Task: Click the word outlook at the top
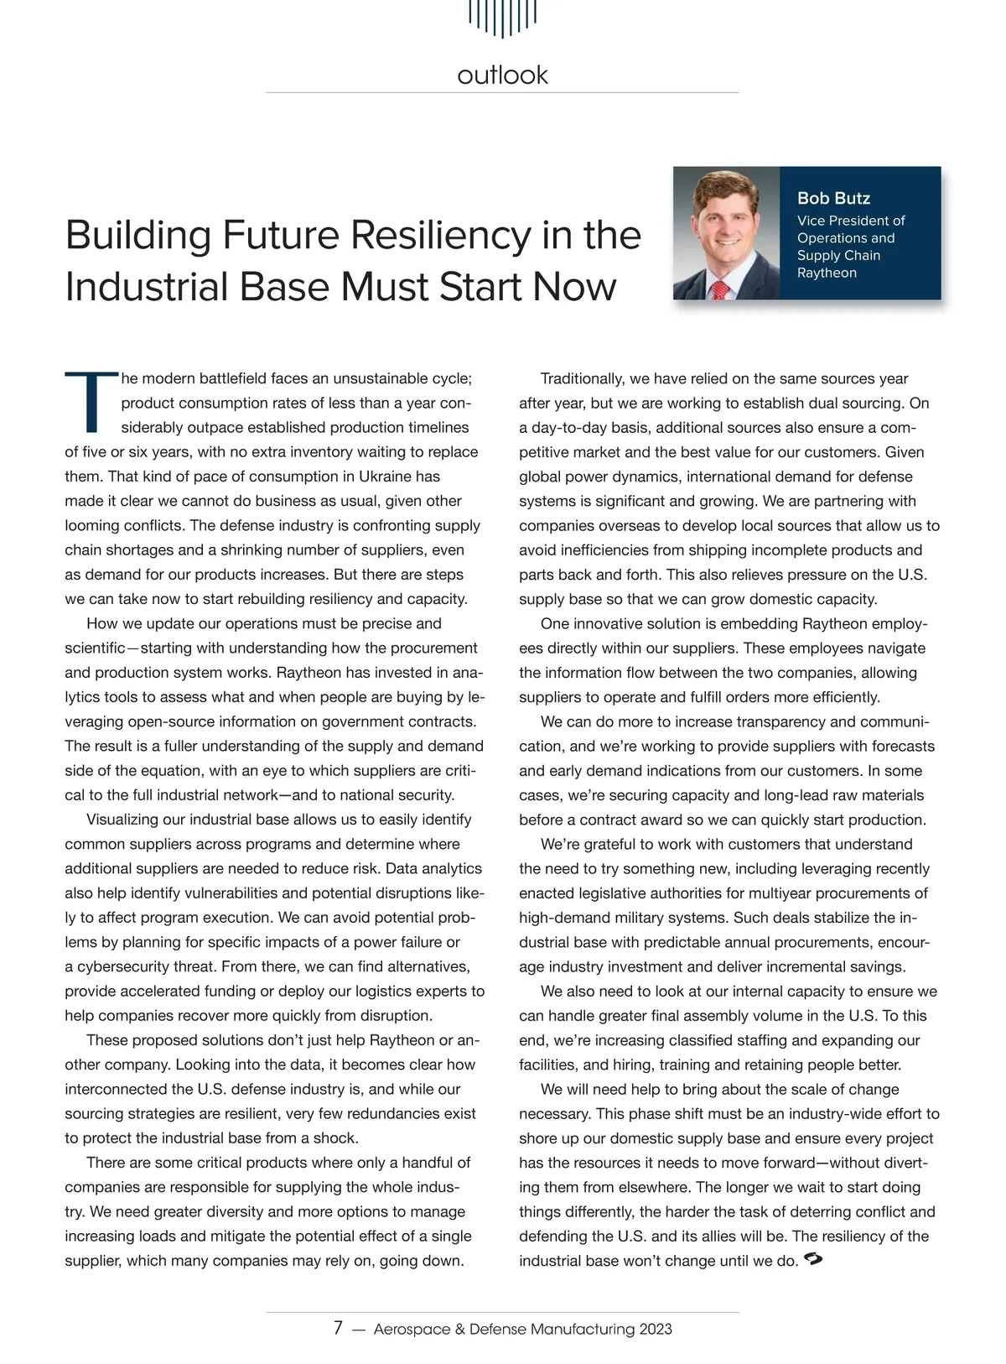(x=502, y=75)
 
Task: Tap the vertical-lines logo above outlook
(x=502, y=17)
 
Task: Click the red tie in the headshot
(x=718, y=289)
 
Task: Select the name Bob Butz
(x=833, y=199)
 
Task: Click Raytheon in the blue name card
(x=827, y=273)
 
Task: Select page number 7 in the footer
(x=338, y=1328)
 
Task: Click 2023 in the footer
(x=655, y=1330)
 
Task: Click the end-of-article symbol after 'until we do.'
(x=812, y=1259)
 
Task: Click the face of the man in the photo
(x=723, y=226)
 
